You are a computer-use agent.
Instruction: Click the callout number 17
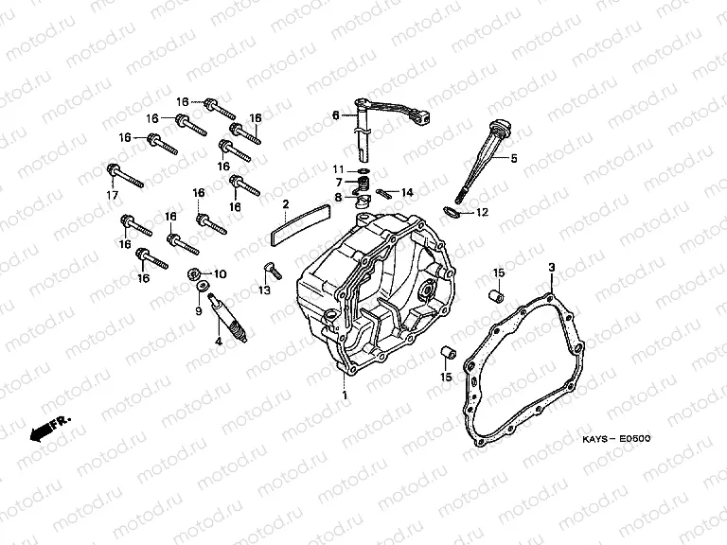pyautogui.click(x=113, y=196)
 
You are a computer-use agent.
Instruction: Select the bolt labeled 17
pyautogui.click(x=125, y=176)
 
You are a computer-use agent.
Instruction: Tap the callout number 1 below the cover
pyautogui.click(x=344, y=396)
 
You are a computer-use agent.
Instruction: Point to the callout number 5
pyautogui.click(x=514, y=159)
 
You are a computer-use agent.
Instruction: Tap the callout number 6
pyautogui.click(x=336, y=115)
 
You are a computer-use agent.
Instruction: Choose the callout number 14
pyautogui.click(x=407, y=192)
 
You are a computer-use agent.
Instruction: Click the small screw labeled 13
pyautogui.click(x=273, y=271)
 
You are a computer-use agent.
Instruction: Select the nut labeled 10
pyautogui.click(x=193, y=274)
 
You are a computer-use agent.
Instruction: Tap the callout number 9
pyautogui.click(x=199, y=310)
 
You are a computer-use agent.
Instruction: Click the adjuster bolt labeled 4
pyautogui.click(x=229, y=319)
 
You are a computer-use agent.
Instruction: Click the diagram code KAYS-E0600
pyautogui.click(x=616, y=439)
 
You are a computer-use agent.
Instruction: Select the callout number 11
pyautogui.click(x=338, y=169)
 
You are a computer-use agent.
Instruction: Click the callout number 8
pyautogui.click(x=338, y=198)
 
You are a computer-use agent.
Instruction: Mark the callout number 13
pyautogui.click(x=264, y=290)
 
